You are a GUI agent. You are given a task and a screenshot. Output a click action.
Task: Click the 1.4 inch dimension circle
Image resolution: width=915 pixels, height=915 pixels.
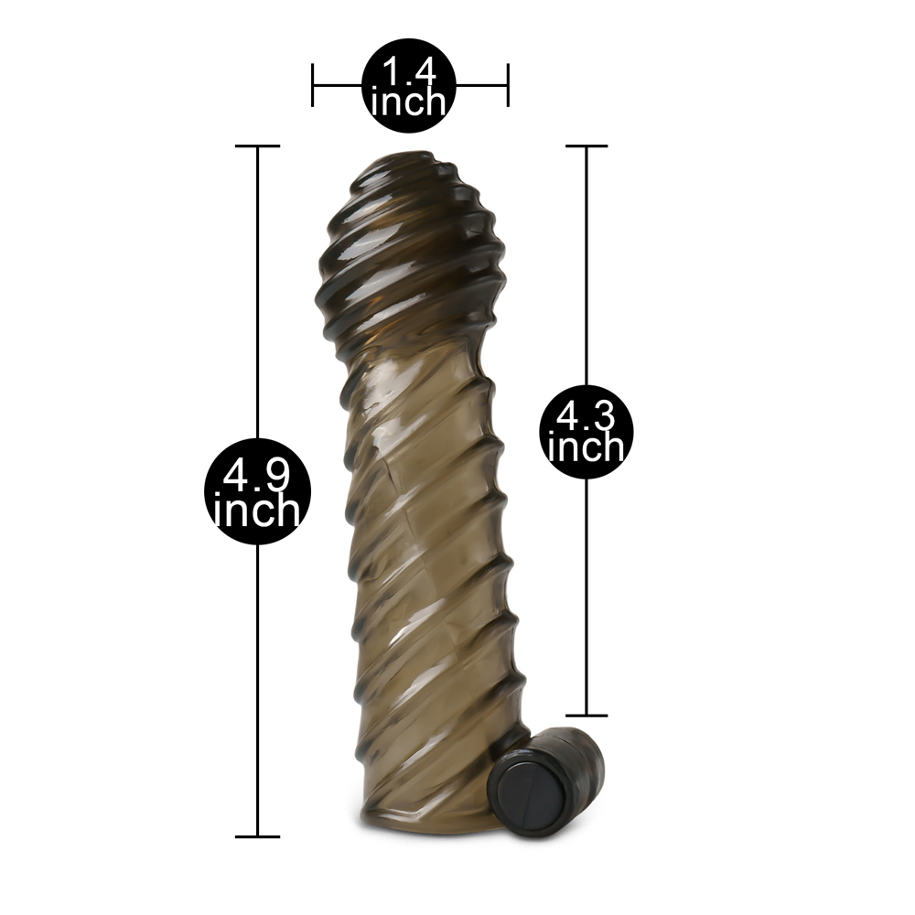point(408,85)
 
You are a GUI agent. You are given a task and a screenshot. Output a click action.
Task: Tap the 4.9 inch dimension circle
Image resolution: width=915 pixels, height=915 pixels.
point(257,490)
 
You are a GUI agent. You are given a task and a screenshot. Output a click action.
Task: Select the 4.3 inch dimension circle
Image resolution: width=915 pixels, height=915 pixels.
point(586,431)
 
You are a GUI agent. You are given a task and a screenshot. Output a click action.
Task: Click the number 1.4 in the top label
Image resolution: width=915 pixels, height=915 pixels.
point(408,71)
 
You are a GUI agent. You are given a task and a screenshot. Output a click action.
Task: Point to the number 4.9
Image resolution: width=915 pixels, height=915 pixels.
point(257,474)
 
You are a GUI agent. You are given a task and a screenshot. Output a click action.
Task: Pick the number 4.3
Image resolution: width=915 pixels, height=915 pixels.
point(586,416)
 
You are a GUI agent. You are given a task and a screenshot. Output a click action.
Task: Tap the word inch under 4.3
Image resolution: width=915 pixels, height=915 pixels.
point(586,447)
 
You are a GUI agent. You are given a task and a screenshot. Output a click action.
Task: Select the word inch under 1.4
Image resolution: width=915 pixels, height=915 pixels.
point(408,102)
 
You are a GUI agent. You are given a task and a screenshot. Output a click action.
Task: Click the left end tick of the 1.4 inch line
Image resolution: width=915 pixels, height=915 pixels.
point(313,85)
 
